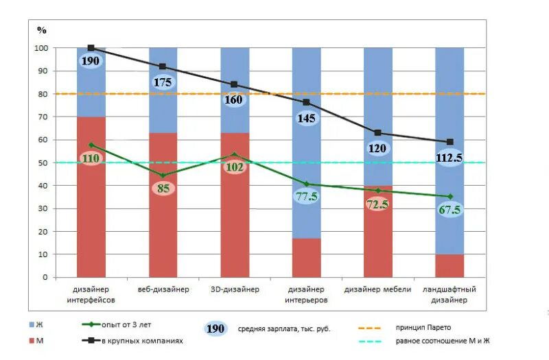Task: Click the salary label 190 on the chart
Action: tap(91, 61)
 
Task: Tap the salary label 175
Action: tap(163, 82)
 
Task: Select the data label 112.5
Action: tap(449, 158)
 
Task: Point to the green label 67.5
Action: tap(449, 209)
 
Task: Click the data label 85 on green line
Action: tap(163, 187)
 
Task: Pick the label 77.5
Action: tap(306, 196)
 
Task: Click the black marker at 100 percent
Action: tap(91, 48)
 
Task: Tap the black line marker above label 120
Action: tap(377, 133)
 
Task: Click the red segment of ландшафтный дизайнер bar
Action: tap(449, 266)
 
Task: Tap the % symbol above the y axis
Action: tap(41, 30)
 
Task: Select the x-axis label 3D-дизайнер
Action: tap(234, 289)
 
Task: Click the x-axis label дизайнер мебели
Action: tap(377, 289)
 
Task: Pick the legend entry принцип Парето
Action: tap(423, 327)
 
